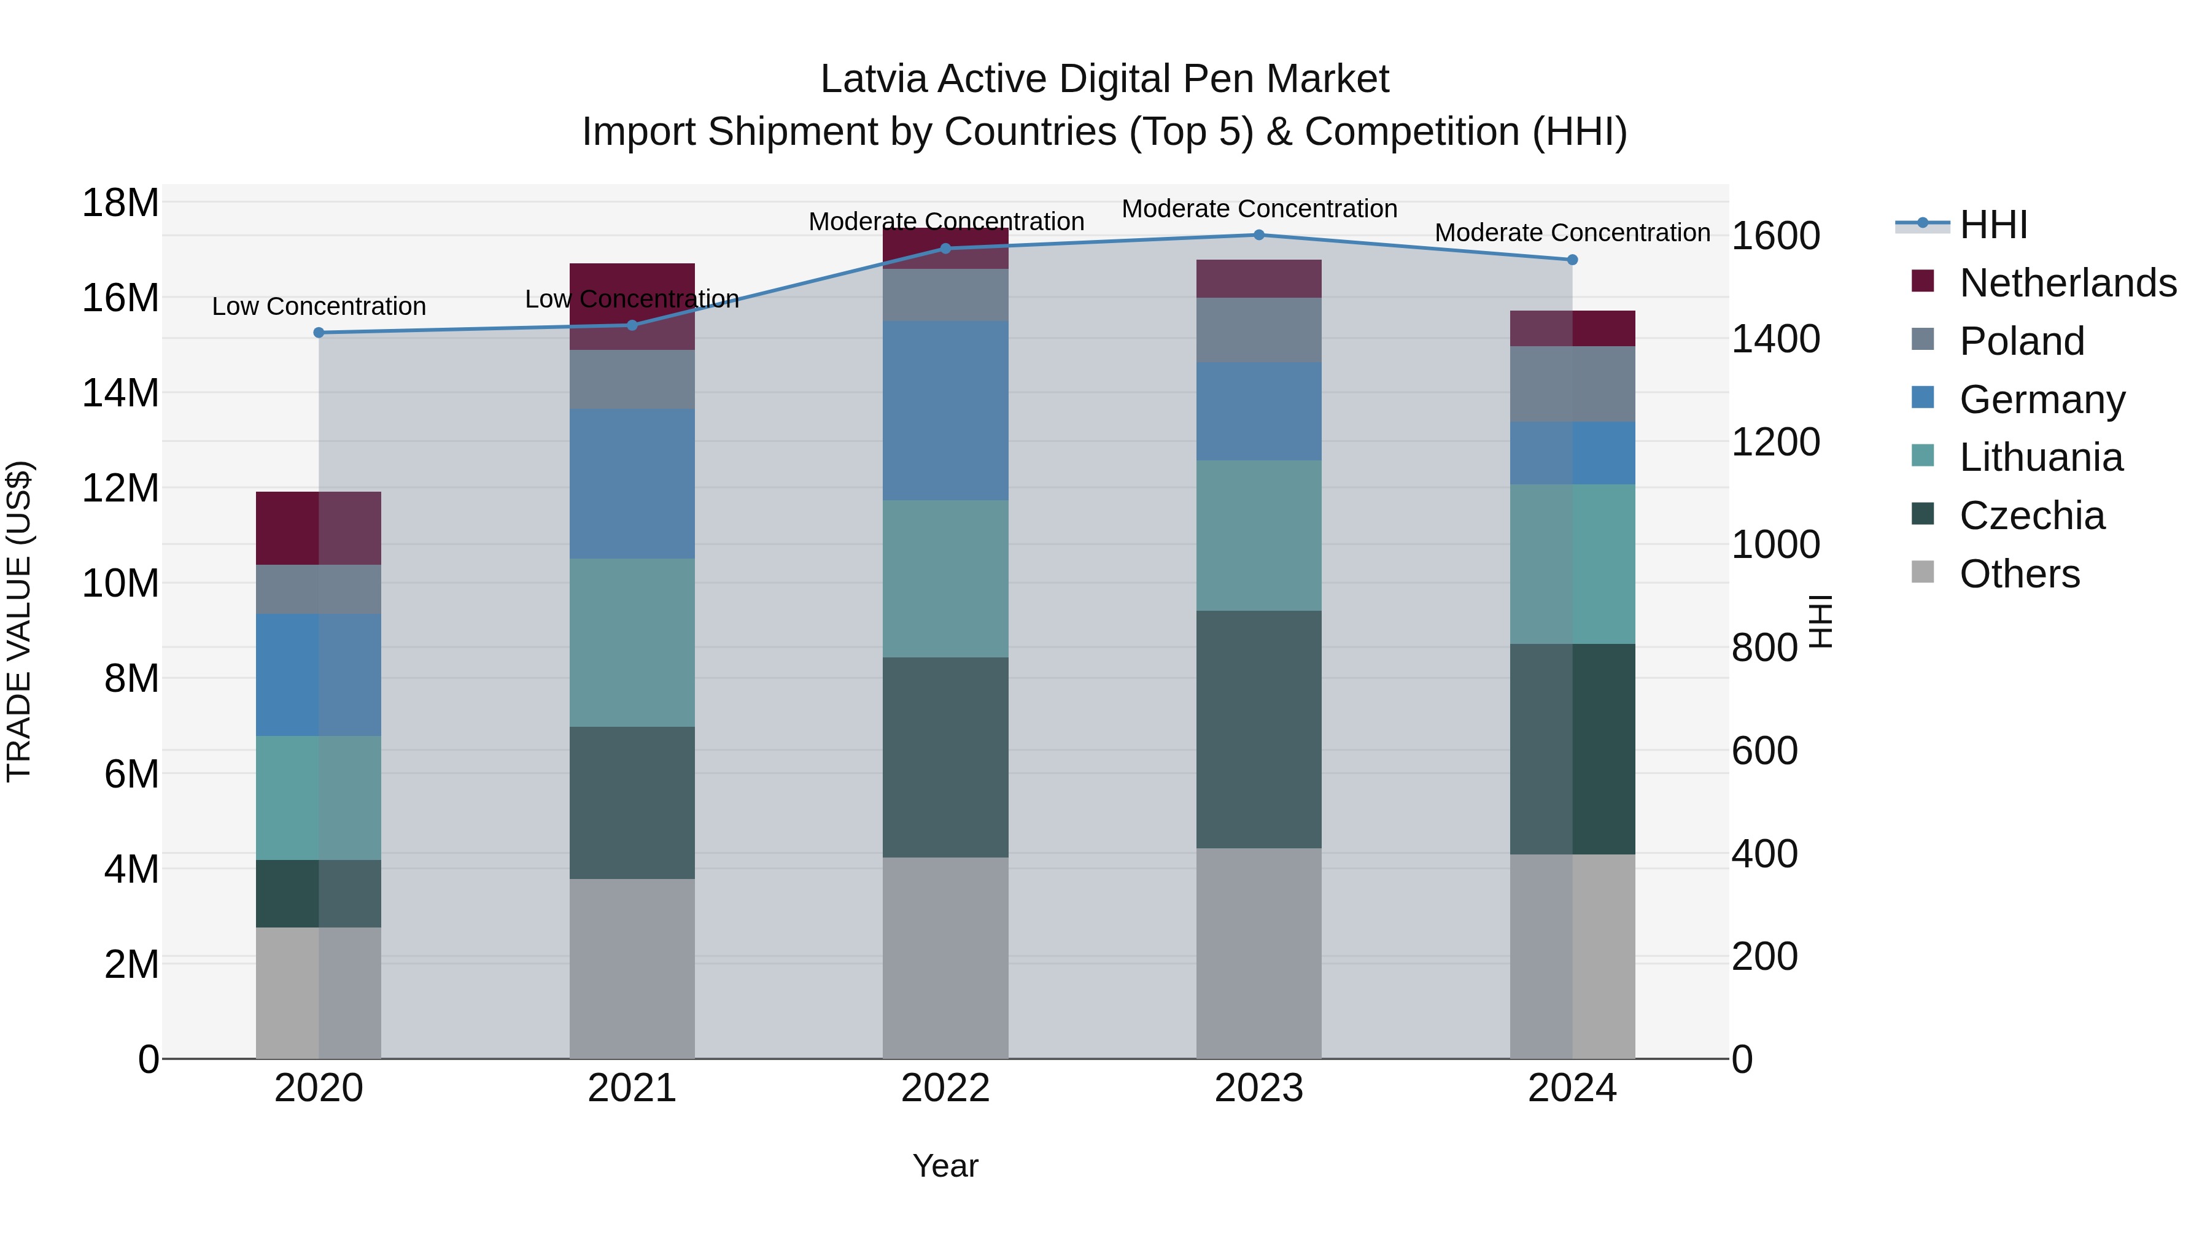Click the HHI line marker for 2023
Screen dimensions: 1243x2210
click(1258, 235)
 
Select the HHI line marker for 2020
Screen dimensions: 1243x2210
click(319, 333)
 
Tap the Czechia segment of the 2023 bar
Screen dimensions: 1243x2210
click(1258, 729)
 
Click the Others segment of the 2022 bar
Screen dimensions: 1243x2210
click(945, 958)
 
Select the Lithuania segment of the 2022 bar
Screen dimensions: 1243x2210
click(945, 579)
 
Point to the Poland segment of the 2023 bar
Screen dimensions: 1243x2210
click(1258, 330)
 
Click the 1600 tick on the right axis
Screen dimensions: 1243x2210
click(1775, 236)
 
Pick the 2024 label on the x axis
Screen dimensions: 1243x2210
click(1572, 1088)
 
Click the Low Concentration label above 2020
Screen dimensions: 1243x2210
click(319, 306)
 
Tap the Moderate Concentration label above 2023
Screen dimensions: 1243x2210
click(1258, 209)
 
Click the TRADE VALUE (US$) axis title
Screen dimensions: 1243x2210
click(19, 621)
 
